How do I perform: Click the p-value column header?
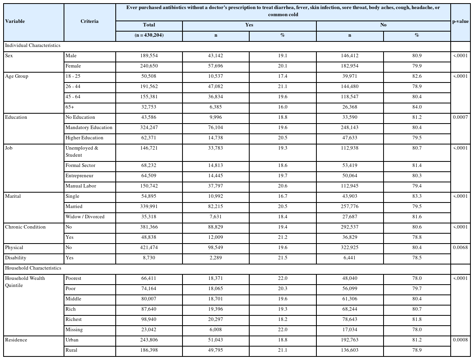point(460,22)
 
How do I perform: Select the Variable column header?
point(15,21)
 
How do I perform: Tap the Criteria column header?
point(90,21)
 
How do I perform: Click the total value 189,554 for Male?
point(149,56)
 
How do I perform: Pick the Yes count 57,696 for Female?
point(216,66)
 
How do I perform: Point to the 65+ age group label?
point(70,107)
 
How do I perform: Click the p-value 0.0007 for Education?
point(460,117)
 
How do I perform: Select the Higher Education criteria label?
point(84,138)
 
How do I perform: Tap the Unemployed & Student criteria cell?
point(81,152)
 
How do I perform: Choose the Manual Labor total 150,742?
point(149,186)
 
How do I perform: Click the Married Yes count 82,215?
point(216,206)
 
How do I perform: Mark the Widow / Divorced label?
point(85,217)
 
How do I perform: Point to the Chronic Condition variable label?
point(25,227)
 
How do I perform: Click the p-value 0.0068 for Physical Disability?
point(460,247)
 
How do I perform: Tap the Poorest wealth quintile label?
point(73,278)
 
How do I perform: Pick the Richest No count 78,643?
point(350,319)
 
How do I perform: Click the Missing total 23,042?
point(149,330)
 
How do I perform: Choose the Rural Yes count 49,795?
point(216,350)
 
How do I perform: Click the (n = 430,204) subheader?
point(149,35)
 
